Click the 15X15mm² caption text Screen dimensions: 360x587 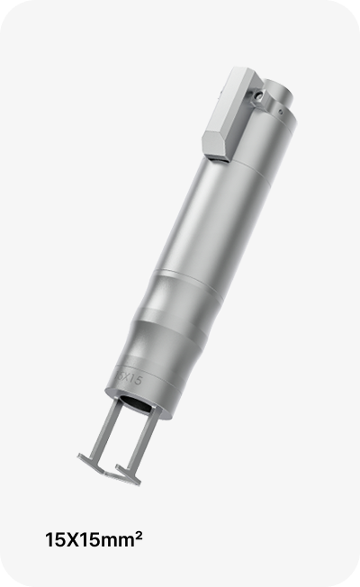coord(94,540)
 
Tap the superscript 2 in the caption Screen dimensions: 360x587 coord(139,536)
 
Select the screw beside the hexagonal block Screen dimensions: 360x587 coord(257,95)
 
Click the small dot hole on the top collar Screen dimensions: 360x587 coord(281,111)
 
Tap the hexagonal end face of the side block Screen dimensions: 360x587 coord(216,144)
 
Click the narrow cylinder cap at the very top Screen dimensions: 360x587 coord(279,90)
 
